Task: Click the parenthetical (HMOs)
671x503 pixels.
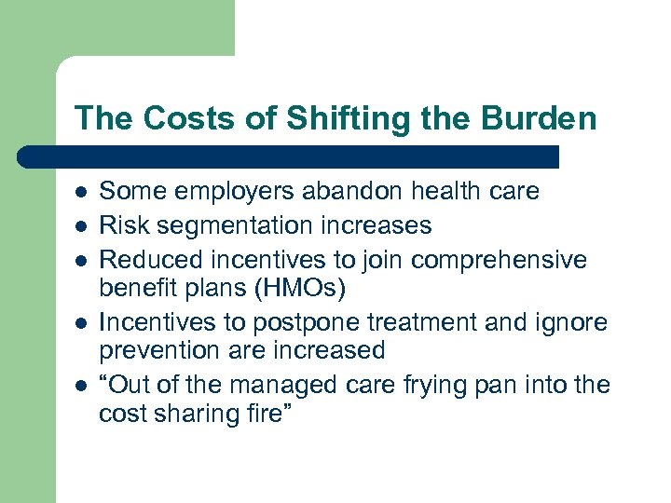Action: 298,289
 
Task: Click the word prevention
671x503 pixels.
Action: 157,350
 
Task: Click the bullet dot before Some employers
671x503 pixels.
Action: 81,193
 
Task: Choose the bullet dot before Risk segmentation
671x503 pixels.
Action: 81,225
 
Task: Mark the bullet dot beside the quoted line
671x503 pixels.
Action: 81,385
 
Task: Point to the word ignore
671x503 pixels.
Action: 570,322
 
